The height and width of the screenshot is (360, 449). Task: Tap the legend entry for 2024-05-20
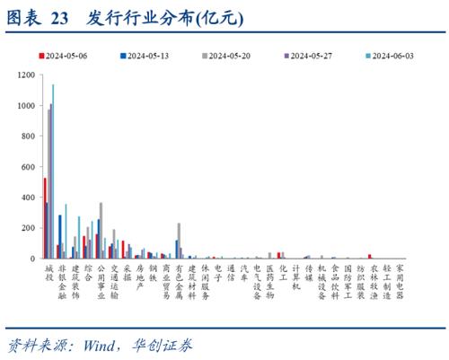(x=229, y=55)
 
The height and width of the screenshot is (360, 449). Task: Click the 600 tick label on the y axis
(x=28, y=167)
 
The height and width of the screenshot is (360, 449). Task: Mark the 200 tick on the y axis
(x=28, y=228)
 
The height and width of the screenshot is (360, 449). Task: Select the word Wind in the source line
(x=101, y=344)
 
